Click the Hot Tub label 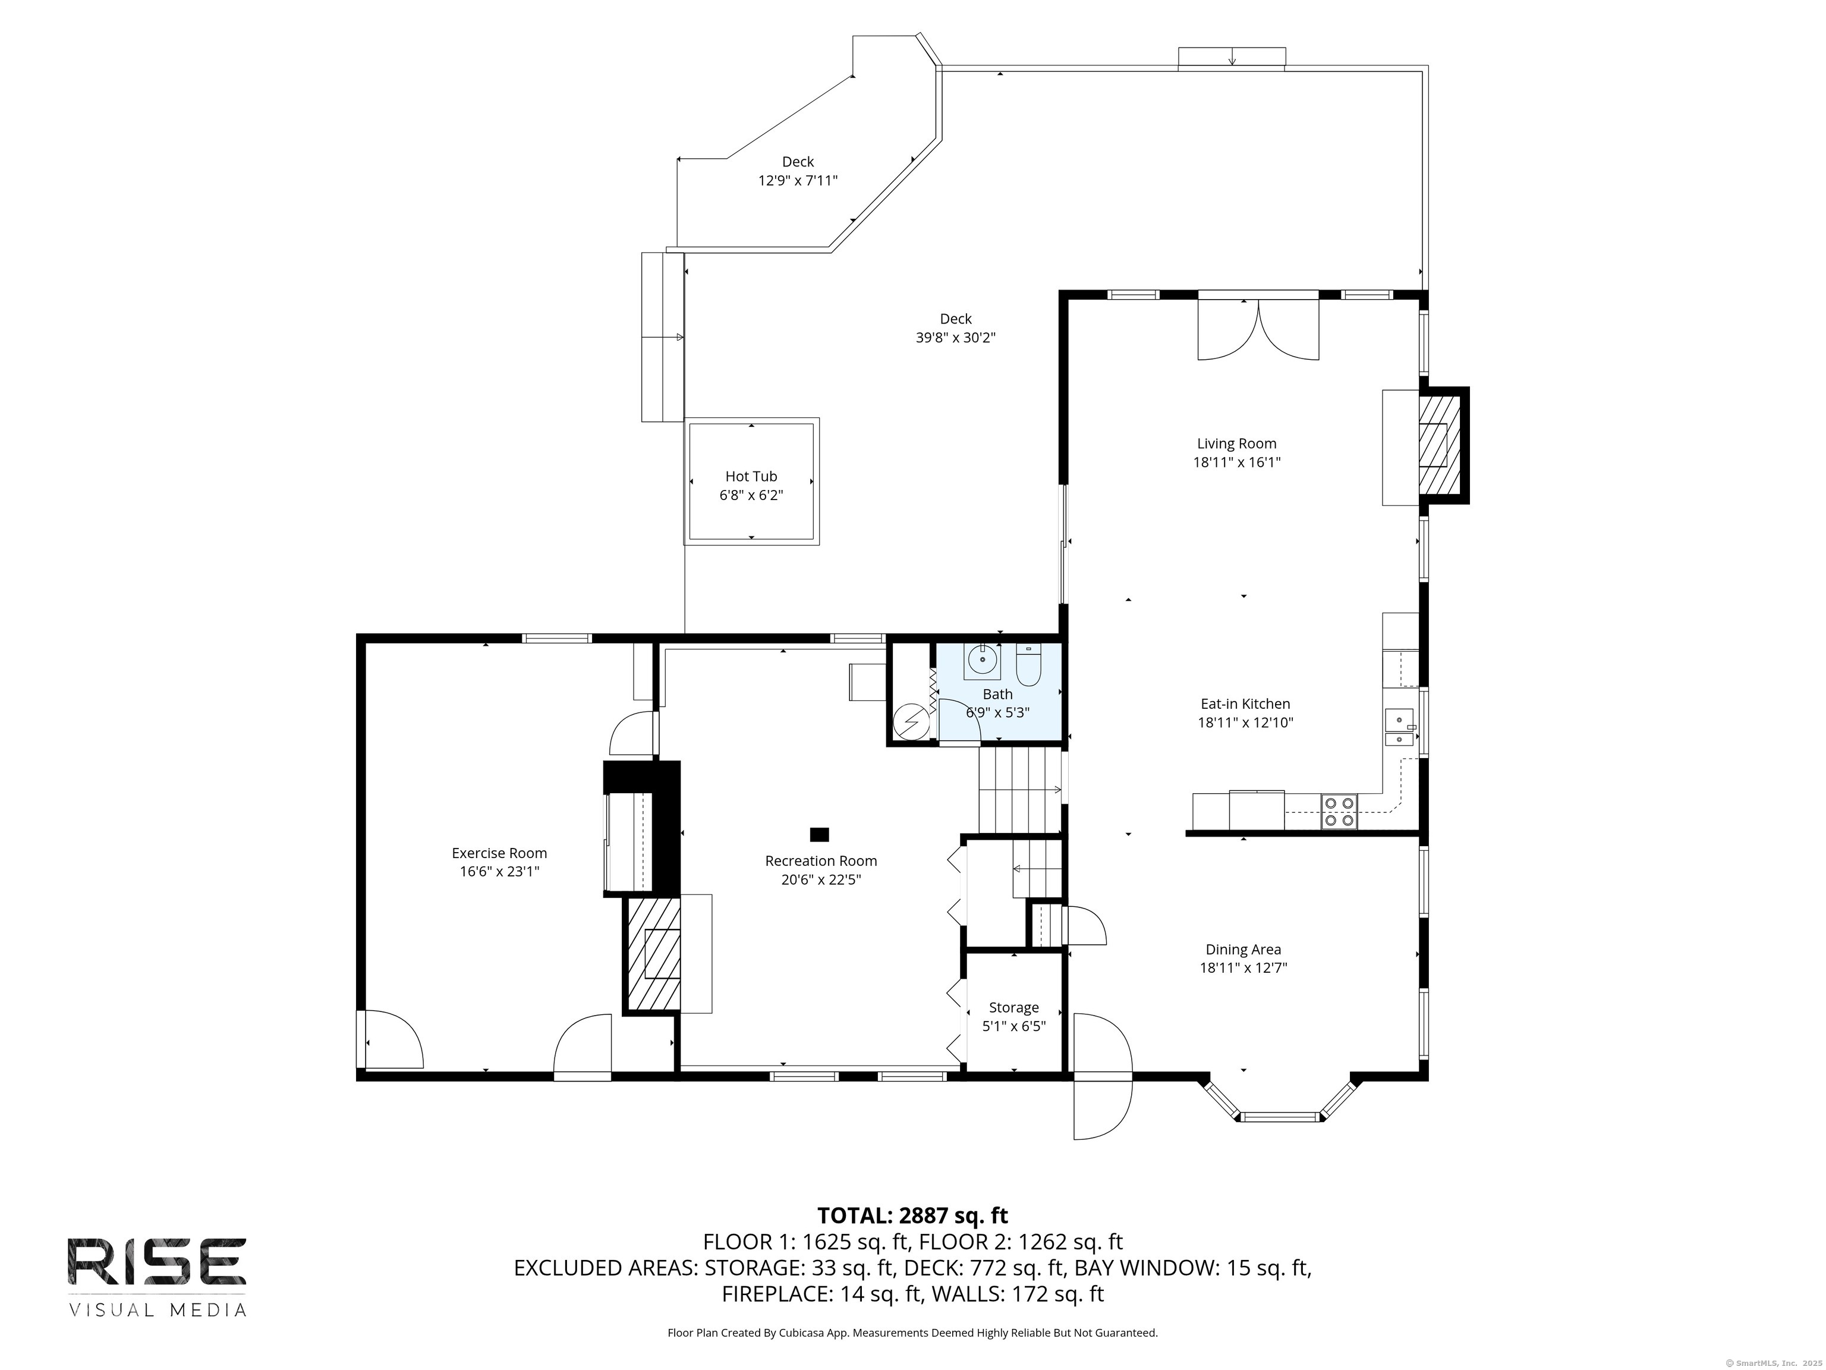point(751,476)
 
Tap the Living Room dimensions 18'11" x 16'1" point(1236,463)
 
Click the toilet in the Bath point(1028,665)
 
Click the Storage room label point(1013,1007)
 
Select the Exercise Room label point(499,853)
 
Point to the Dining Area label point(1243,950)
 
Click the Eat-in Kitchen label point(1245,703)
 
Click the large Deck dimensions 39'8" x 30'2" point(956,337)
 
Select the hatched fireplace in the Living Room point(1439,445)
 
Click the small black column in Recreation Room point(819,834)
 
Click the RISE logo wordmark point(157,1262)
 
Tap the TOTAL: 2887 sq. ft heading point(912,1215)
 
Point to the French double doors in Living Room point(1258,329)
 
